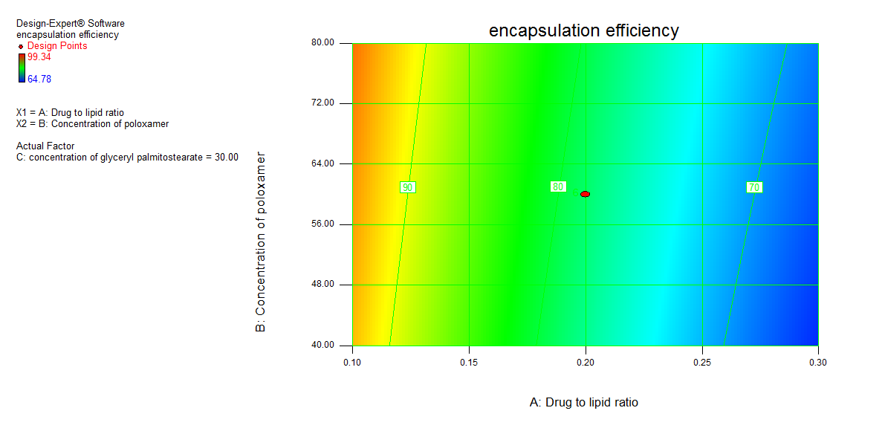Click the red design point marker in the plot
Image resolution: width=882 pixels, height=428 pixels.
coord(586,194)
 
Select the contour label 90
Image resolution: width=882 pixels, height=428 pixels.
coord(407,187)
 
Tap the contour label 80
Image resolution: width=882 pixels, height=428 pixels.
coord(558,187)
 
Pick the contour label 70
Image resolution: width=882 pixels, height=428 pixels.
coord(754,187)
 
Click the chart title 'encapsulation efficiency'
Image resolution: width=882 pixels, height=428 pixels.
coord(583,30)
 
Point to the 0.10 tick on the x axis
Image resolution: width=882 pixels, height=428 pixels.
coord(352,363)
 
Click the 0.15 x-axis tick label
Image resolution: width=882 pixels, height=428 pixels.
coord(469,363)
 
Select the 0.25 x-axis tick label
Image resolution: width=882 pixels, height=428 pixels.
coord(702,363)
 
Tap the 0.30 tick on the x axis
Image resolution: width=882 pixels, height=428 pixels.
coord(818,363)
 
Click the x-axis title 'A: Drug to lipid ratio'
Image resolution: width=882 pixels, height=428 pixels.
coord(583,402)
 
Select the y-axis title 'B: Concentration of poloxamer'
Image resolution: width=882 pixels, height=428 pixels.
coord(261,242)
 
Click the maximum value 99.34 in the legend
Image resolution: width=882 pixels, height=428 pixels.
coord(39,57)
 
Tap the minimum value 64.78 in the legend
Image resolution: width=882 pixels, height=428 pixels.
coord(39,79)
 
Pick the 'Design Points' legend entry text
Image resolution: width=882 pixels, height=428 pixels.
coord(57,46)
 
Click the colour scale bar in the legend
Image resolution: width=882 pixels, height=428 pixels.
coord(21,68)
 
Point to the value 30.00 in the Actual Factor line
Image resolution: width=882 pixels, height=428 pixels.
coord(225,157)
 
